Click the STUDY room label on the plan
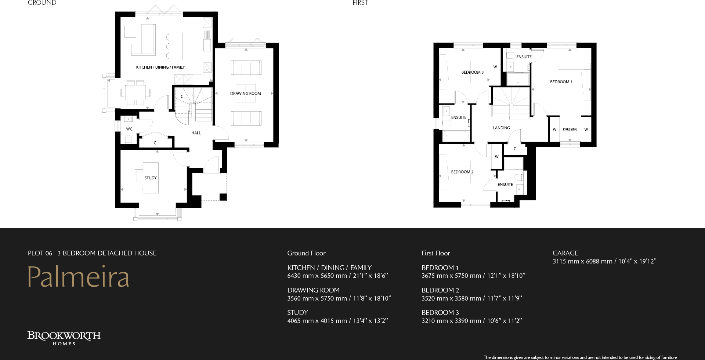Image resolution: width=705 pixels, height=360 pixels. pyautogui.click(x=150, y=178)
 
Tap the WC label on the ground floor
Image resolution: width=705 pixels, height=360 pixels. pyautogui.click(x=129, y=129)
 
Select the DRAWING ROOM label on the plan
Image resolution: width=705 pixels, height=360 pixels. pyautogui.click(x=245, y=94)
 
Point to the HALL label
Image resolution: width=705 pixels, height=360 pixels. pyautogui.click(x=196, y=133)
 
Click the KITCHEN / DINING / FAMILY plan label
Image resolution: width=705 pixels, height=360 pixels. pyautogui.click(x=160, y=67)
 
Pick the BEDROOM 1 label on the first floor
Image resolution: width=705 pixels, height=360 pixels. pyautogui.click(x=561, y=82)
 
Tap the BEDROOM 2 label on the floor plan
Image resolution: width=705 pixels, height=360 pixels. pyautogui.click(x=462, y=172)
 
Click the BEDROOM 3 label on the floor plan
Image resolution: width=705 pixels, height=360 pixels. pyautogui.click(x=472, y=72)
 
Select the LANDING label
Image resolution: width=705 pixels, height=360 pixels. pyautogui.click(x=501, y=128)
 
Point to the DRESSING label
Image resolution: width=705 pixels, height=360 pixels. pyautogui.click(x=570, y=130)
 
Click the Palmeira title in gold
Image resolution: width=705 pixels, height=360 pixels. pyautogui.click(x=79, y=277)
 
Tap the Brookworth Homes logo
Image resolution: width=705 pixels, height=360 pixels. pyautogui.click(x=64, y=338)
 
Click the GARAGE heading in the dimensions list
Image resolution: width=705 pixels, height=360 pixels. pyautogui.click(x=565, y=253)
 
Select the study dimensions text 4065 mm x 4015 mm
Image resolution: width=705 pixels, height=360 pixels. pyautogui.click(x=317, y=321)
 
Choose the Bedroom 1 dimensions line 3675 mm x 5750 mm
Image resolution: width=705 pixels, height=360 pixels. pyautogui.click(x=451, y=276)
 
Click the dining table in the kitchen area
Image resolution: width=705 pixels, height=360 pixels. pyautogui.click(x=135, y=92)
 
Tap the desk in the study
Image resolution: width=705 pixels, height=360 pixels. pyautogui.click(x=151, y=178)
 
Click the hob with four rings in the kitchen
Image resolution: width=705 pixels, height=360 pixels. pyautogui.click(x=207, y=68)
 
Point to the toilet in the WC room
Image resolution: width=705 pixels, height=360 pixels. pyautogui.click(x=128, y=139)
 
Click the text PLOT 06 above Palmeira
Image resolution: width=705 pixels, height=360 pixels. pyautogui.click(x=40, y=253)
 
